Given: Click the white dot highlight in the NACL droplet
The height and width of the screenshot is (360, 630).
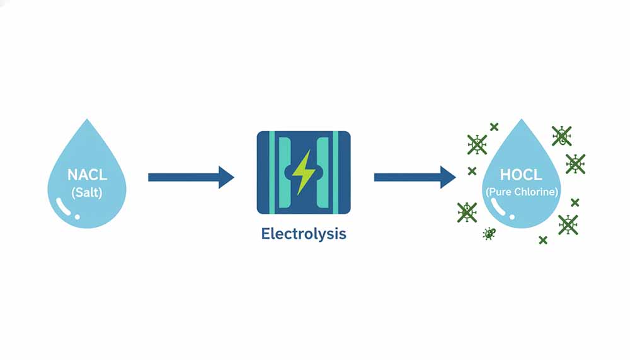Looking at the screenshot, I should [77, 216].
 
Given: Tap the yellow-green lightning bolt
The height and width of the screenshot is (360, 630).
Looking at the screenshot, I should [304, 172].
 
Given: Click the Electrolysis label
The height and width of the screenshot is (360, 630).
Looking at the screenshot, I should [304, 234].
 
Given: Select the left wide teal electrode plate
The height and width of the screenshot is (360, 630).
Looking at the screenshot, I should [281, 172].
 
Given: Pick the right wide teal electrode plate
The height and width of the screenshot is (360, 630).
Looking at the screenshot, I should [326, 172].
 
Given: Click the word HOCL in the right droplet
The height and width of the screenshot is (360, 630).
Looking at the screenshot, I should [521, 174].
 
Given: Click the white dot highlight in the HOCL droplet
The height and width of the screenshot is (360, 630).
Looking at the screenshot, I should [512, 216].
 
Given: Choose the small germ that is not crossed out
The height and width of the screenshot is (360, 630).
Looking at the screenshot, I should [489, 234].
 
